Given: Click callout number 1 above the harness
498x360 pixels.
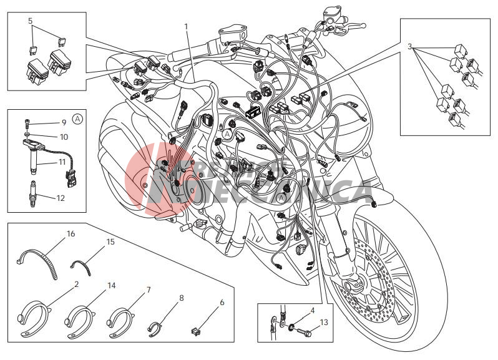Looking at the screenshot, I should (x=185, y=26).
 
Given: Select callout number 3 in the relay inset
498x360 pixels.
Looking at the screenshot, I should (x=409, y=47).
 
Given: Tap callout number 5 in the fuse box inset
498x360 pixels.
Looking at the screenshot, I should (x=30, y=21).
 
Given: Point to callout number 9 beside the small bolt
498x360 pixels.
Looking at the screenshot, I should (x=64, y=122).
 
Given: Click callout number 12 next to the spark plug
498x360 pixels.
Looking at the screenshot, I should (x=61, y=198).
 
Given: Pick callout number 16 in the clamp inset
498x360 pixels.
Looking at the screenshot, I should (x=71, y=234).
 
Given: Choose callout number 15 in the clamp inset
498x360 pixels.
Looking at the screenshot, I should (x=110, y=241).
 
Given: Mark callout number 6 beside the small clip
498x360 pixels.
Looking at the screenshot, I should (x=222, y=303).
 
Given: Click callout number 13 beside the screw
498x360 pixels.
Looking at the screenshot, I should (x=323, y=322).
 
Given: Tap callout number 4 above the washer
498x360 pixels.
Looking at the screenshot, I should (x=312, y=310).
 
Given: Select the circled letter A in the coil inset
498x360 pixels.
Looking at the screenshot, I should (x=77, y=118).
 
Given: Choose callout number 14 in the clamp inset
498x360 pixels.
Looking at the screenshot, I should (x=112, y=285).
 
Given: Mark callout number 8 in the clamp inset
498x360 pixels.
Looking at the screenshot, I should (x=181, y=298).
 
